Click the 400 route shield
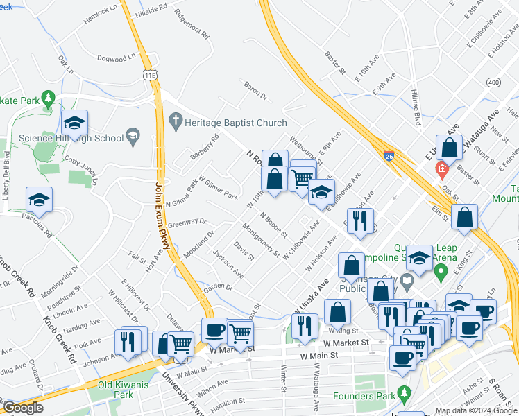pos(493,82)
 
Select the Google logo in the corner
pos(23,408)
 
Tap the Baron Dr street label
pos(255,89)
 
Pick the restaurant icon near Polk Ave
pos(128,341)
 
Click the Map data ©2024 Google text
pos(476,410)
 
